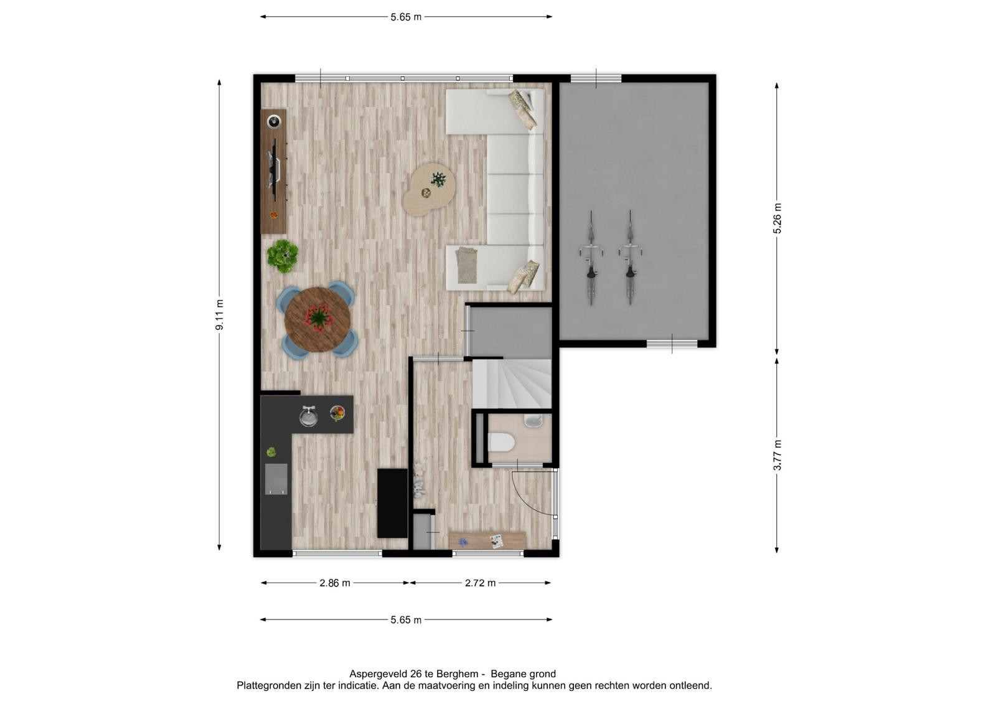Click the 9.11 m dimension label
click(219, 315)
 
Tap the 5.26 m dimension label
click(777, 218)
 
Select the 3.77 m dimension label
click(777, 455)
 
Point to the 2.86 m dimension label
click(335, 583)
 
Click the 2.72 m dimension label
click(480, 583)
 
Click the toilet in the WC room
click(502, 443)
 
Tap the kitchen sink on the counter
click(308, 416)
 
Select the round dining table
click(317, 319)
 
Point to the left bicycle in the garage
click(591, 258)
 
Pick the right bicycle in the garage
click(630, 258)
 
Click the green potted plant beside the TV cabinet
click(283, 256)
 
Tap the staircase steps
click(512, 384)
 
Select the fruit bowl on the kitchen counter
click(337, 413)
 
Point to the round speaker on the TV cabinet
click(274, 121)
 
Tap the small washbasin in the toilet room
click(533, 420)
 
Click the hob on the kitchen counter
click(276, 479)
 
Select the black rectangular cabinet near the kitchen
click(393, 503)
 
